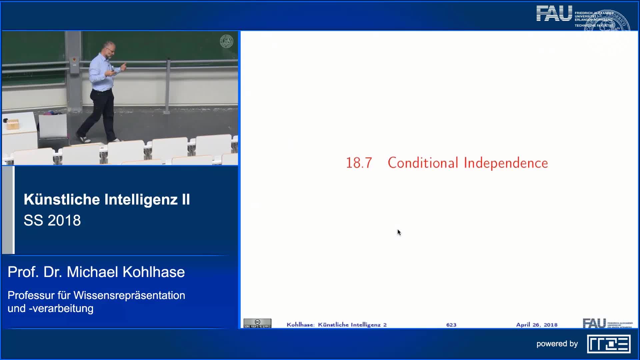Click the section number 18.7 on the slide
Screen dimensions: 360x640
[x=359, y=163]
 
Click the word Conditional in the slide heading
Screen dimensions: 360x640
[x=423, y=163]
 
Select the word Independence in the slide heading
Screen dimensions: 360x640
[x=506, y=163]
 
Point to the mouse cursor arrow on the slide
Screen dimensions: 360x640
[x=399, y=232]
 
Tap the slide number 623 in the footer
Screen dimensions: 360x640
[x=451, y=325]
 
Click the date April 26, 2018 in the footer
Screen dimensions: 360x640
[x=537, y=325]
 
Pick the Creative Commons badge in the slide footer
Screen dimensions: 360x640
[x=257, y=323]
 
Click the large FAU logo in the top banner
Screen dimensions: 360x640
[x=554, y=14]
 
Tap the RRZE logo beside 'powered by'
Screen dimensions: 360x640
[x=609, y=344]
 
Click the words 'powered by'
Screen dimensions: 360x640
[x=557, y=344]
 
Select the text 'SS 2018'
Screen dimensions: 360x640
[x=52, y=220]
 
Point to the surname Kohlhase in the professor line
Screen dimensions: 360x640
[x=154, y=272]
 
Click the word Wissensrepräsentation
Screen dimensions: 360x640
[x=129, y=295]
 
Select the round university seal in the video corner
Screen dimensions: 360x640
[x=226, y=42]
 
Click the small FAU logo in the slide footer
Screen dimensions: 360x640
[x=594, y=323]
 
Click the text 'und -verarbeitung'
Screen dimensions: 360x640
[x=50, y=308]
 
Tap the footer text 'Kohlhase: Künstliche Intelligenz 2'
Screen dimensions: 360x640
[x=336, y=325]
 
